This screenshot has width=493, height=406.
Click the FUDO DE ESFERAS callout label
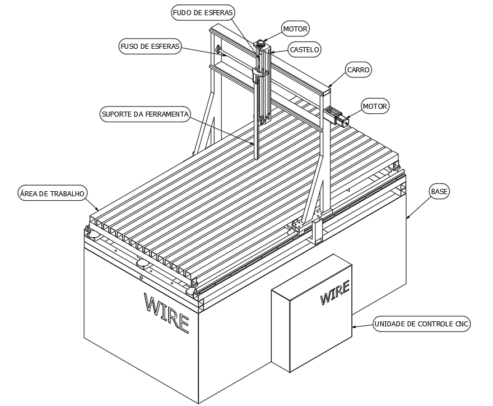click(203, 12)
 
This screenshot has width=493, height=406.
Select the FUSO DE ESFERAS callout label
click(150, 47)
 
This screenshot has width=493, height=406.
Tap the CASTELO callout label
click(304, 49)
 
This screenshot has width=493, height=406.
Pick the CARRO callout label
click(358, 70)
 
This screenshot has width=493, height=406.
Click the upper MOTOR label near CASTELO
click(295, 29)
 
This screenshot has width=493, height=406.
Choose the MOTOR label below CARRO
click(375, 107)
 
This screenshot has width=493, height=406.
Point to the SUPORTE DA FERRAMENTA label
click(145, 114)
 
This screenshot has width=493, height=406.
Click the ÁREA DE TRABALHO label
click(52, 193)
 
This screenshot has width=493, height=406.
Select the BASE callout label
click(439, 191)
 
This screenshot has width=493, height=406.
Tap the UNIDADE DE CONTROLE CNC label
click(422, 324)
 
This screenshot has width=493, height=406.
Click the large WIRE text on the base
click(166, 313)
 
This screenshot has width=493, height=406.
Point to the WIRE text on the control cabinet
click(334, 293)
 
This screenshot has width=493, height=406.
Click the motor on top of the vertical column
click(261, 43)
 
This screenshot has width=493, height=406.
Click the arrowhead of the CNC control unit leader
click(353, 327)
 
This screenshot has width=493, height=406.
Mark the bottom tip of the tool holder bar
click(257, 159)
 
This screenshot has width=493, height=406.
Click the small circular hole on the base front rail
click(141, 277)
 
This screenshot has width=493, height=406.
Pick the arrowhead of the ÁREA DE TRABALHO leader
click(99, 210)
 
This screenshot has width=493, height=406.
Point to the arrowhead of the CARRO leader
click(329, 87)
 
